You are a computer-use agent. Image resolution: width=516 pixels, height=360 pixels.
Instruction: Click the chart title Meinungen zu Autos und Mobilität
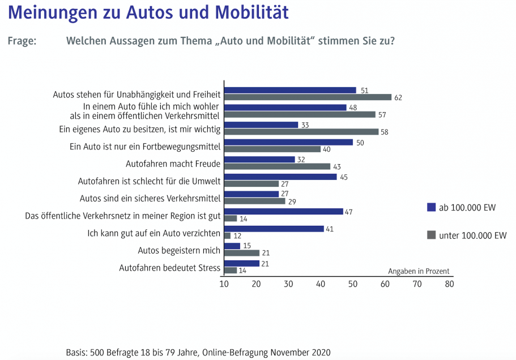(148, 13)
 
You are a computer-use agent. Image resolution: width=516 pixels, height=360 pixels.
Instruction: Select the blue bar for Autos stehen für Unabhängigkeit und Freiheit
(290, 90)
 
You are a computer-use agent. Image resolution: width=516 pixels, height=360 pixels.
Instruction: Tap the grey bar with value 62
(308, 97)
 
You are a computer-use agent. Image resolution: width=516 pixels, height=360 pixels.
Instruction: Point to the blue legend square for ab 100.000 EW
(431, 208)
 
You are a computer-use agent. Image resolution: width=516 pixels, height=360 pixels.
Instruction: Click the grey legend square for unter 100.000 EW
(431, 235)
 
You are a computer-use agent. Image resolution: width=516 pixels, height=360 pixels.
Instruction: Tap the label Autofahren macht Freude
(173, 164)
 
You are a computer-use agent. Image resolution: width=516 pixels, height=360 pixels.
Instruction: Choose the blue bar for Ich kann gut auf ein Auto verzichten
(274, 229)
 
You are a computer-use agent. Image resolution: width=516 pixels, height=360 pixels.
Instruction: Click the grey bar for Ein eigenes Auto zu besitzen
(301, 131)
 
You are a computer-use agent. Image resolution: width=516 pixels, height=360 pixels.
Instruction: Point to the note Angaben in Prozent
(418, 271)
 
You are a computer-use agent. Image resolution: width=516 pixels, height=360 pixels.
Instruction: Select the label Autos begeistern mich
(179, 250)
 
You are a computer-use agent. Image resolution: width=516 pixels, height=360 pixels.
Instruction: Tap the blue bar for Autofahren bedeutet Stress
(242, 263)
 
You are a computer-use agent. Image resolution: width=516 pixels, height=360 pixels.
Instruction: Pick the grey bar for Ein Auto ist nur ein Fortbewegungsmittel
(272, 149)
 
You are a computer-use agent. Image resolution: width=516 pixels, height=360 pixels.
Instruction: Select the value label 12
(237, 235)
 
